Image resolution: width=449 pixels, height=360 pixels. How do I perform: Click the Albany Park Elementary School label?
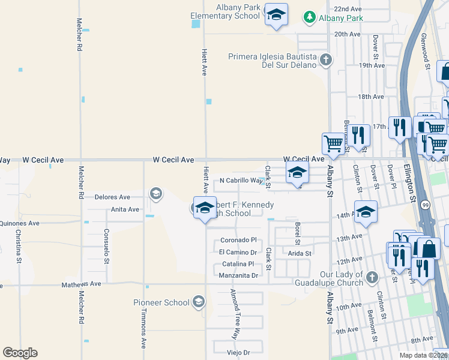(225, 11)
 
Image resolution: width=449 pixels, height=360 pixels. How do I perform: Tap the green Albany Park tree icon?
(310, 17)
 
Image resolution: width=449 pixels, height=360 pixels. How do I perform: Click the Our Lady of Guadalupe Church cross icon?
(372, 277)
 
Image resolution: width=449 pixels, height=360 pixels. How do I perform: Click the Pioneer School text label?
(161, 302)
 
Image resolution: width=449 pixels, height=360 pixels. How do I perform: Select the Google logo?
(20, 353)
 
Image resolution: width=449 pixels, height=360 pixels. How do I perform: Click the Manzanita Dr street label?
(238, 275)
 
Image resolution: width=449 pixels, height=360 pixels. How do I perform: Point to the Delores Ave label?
(112, 197)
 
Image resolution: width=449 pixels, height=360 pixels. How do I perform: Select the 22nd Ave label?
(348, 10)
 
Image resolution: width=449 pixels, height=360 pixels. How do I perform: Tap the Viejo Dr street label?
(238, 352)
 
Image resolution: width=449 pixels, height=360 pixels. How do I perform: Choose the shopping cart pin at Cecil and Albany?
(333, 144)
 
